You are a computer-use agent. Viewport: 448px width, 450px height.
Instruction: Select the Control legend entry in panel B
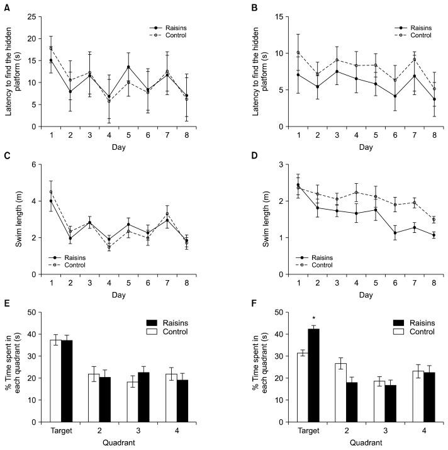coord(418,35)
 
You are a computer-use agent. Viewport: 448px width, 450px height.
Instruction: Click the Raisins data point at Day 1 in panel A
coord(51,60)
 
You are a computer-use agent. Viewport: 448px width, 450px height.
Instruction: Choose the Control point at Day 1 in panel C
coord(51,192)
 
